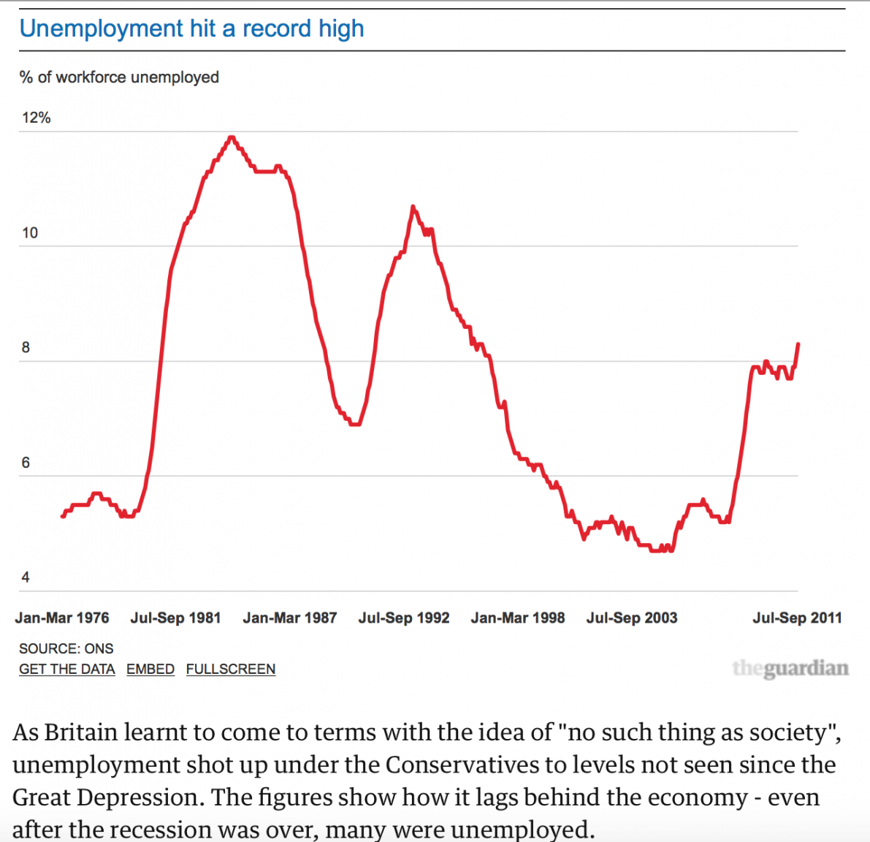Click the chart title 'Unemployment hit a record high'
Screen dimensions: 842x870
191,29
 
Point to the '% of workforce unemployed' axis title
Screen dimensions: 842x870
119,77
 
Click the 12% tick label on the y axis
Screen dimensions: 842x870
36,118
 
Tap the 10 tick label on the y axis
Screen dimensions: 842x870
30,233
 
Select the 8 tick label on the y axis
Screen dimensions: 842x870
26,348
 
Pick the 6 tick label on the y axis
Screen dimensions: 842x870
26,463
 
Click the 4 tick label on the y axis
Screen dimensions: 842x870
26,577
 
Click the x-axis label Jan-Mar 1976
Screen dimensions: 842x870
62,618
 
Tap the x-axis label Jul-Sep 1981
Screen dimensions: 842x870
175,618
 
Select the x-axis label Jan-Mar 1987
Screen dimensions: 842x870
290,618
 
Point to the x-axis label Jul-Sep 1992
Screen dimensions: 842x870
404,618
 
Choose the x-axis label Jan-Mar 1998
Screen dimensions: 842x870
518,618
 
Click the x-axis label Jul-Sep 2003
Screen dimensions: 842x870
632,618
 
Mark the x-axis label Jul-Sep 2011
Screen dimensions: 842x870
797,618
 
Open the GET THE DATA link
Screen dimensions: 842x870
67,670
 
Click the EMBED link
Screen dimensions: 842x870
150,670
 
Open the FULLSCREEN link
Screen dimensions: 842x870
231,670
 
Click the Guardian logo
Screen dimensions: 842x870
790,668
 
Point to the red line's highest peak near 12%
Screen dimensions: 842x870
232,137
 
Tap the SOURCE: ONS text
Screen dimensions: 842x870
66,649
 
